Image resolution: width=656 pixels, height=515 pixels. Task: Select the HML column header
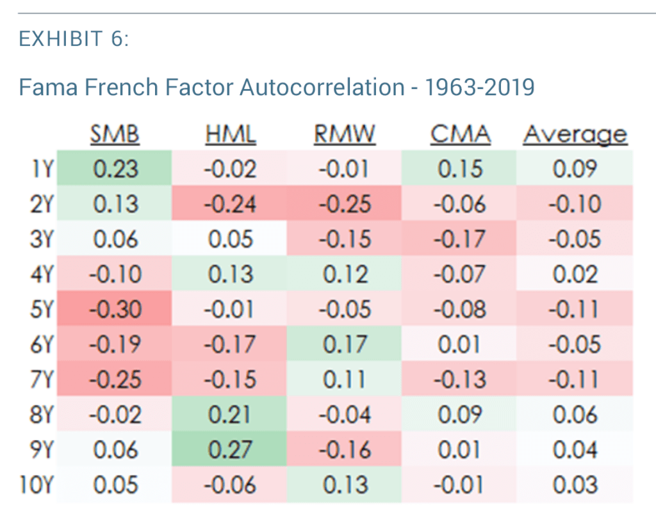[x=231, y=135]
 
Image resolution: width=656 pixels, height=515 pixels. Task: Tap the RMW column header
[x=345, y=135]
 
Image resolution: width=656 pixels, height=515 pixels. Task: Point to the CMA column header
[x=460, y=135]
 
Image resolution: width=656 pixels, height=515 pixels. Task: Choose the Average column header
[x=575, y=135]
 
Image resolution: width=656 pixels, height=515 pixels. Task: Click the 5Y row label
[x=41, y=309]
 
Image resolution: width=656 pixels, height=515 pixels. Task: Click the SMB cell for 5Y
[x=115, y=309]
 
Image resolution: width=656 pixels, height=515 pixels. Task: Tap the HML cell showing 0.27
[x=231, y=449]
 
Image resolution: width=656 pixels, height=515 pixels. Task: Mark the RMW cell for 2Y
[x=345, y=204]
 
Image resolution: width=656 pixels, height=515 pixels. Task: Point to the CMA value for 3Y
[x=460, y=239]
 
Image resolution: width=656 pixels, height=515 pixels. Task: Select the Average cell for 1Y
[x=575, y=169]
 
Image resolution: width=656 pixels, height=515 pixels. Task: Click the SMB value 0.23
[x=115, y=169]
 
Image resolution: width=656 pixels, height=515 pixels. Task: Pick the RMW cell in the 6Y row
[x=345, y=344]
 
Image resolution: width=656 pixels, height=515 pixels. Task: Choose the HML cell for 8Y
[x=231, y=415]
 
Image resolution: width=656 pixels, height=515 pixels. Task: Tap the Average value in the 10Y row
[x=575, y=484]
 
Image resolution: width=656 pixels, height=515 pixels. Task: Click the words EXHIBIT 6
[x=74, y=40]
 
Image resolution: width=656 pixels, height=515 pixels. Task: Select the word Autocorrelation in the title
[x=320, y=86]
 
